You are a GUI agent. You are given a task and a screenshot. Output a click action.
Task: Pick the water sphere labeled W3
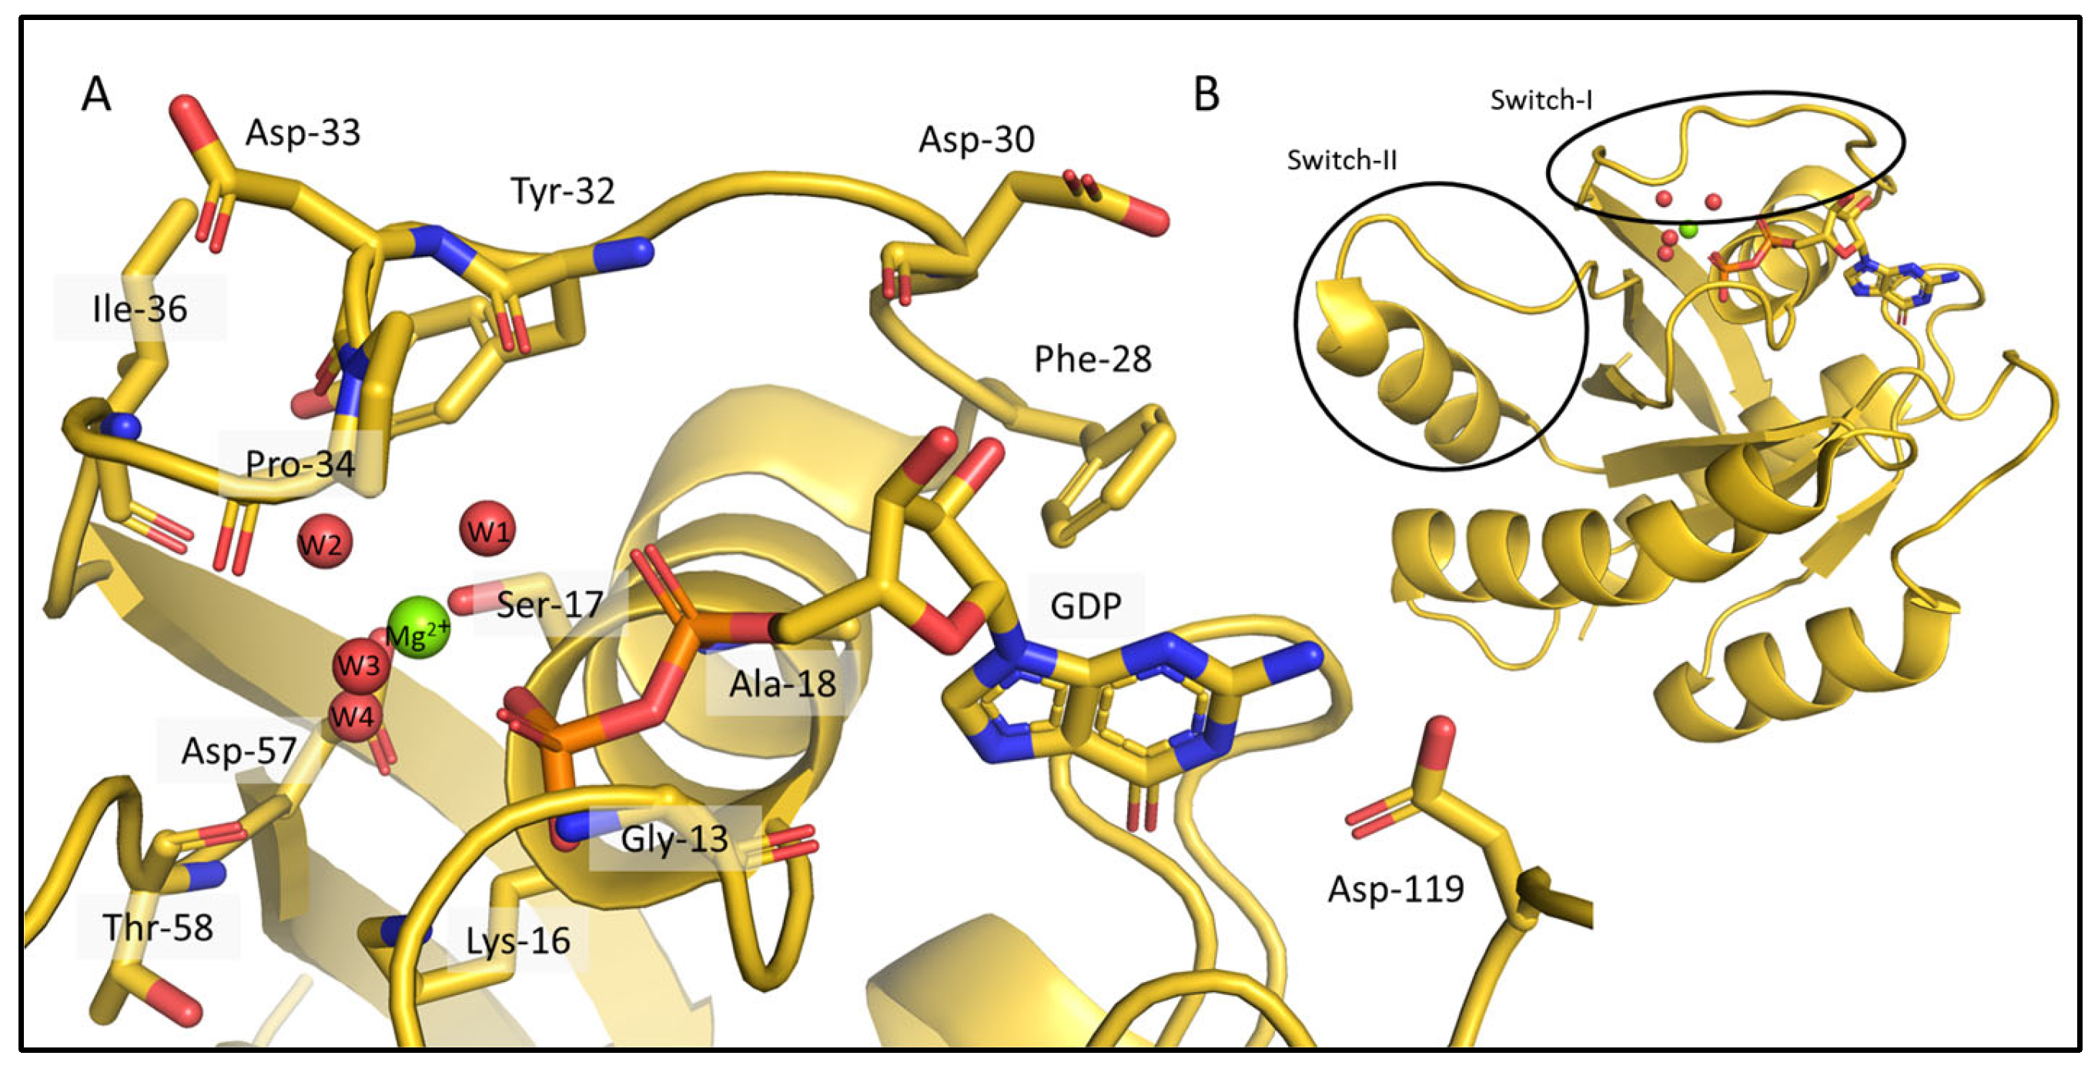(358, 664)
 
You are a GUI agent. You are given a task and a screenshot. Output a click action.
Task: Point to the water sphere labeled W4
(353, 717)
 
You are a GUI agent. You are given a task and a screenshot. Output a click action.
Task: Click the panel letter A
(96, 94)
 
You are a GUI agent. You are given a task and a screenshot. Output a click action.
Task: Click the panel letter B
(1206, 94)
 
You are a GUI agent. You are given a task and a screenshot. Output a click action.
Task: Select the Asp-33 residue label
(303, 132)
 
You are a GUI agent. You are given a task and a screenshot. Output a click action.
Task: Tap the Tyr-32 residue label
(563, 192)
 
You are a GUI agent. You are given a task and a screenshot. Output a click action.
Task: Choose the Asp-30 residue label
(976, 140)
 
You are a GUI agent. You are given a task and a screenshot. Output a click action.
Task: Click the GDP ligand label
(1086, 606)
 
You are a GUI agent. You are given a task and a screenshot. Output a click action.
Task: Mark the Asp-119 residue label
(1396, 888)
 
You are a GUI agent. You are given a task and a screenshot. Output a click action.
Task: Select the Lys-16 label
(518, 941)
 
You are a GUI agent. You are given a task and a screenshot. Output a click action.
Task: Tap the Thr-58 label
(158, 927)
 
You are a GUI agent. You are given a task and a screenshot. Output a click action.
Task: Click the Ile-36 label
(140, 309)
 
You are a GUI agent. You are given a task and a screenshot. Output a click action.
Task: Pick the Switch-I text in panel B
(1541, 100)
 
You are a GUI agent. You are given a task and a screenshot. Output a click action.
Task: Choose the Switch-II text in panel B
(1341, 160)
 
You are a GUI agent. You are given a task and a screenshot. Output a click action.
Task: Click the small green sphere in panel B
(1689, 230)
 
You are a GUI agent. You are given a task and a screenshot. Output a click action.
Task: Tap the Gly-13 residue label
(674, 839)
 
